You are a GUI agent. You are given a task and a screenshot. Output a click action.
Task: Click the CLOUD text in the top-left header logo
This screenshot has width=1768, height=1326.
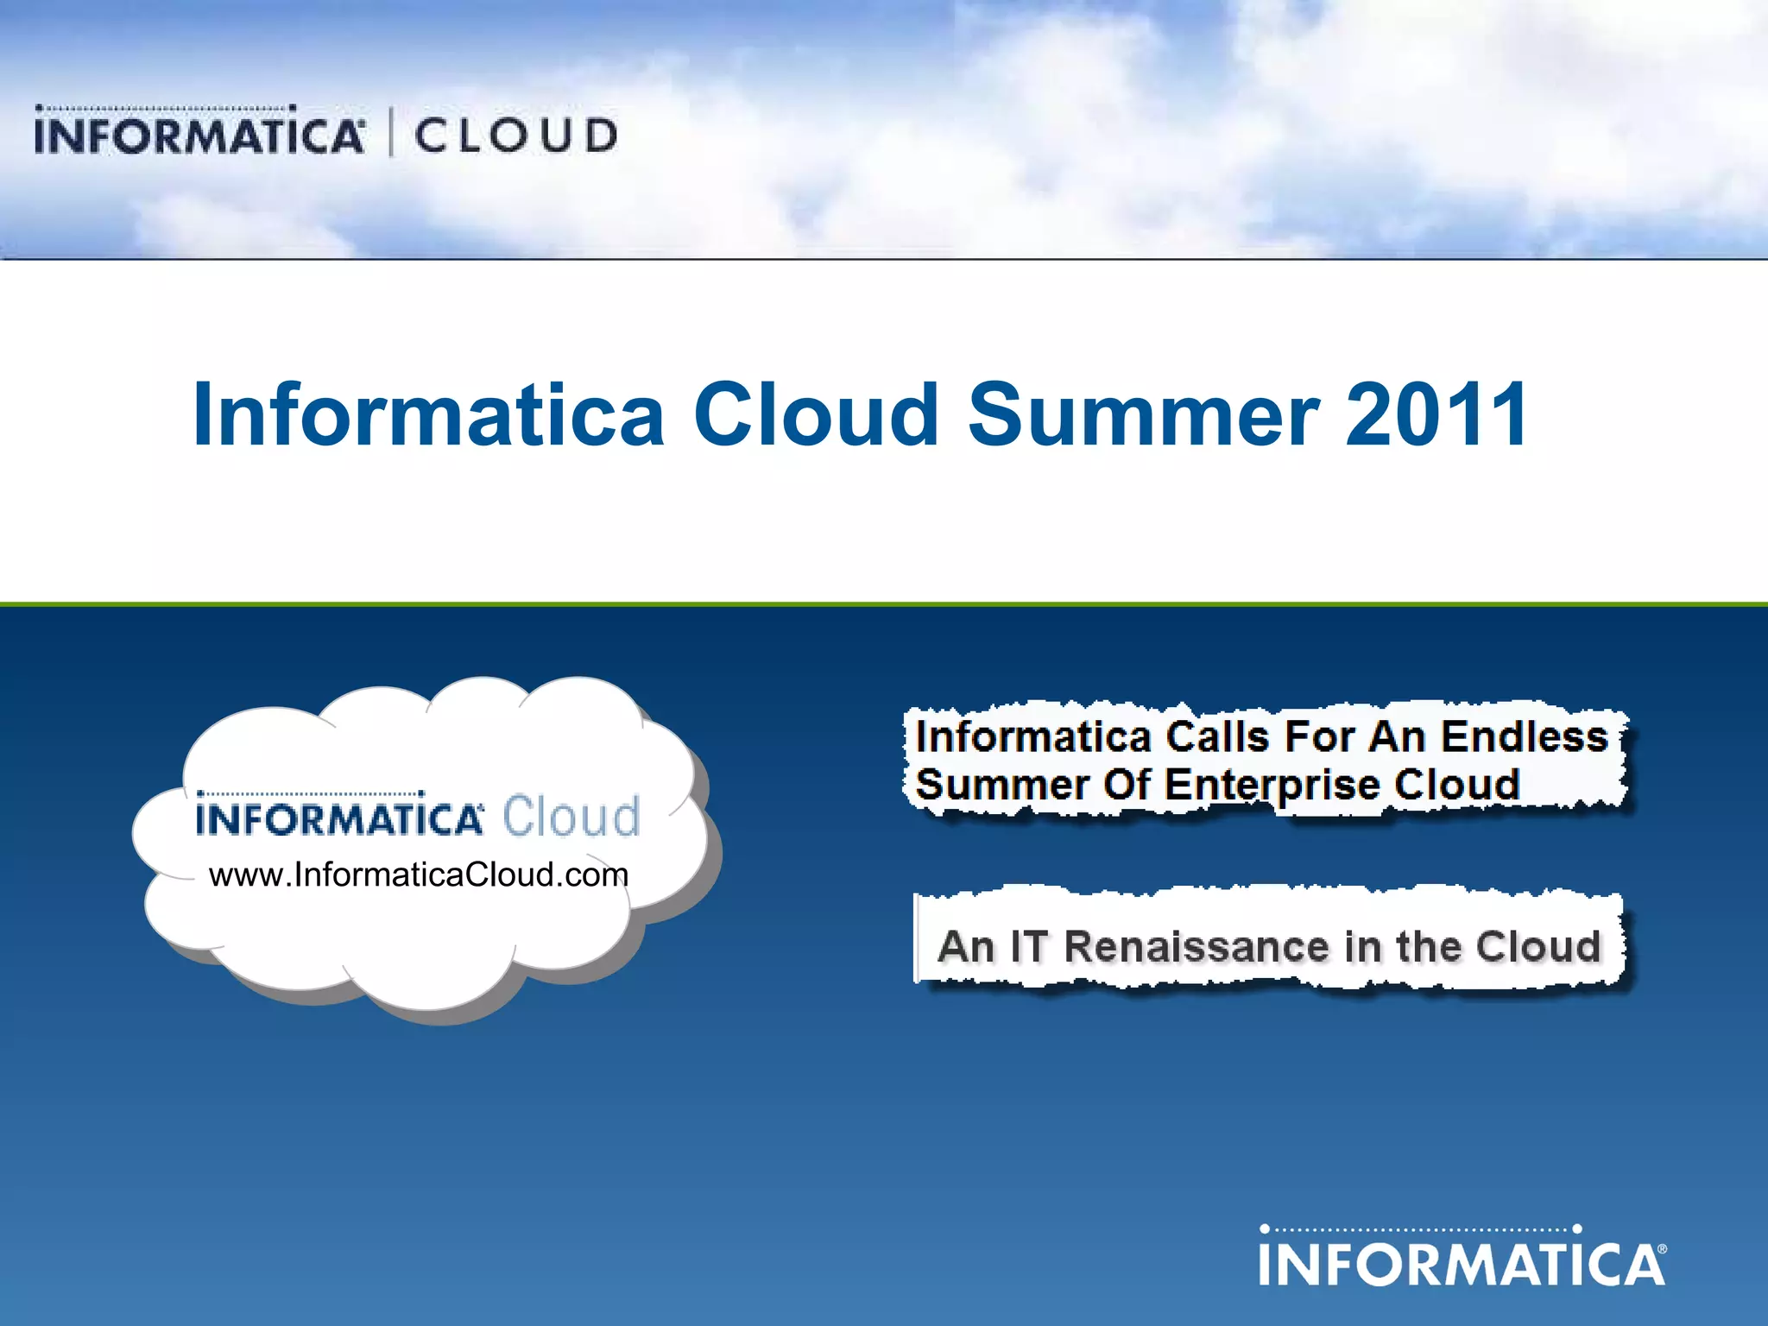coord(516,136)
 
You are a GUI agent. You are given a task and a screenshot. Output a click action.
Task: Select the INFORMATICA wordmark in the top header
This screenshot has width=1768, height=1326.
coord(199,135)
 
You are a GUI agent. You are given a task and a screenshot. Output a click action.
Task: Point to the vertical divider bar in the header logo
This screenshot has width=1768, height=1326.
coord(391,133)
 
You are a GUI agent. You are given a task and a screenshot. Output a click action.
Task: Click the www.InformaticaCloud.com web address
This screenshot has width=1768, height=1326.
coord(419,875)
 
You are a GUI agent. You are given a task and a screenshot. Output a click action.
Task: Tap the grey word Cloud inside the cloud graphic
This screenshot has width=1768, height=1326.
coord(571,816)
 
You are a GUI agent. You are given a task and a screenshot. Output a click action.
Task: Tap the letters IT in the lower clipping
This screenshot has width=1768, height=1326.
coord(1027,946)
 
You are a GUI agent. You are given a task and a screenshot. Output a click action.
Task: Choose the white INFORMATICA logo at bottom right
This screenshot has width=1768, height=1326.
coord(1462,1257)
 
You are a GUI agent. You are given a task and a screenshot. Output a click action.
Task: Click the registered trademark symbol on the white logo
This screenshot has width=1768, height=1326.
coord(1662,1249)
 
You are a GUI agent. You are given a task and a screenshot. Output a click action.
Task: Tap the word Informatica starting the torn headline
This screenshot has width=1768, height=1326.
coord(1032,736)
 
